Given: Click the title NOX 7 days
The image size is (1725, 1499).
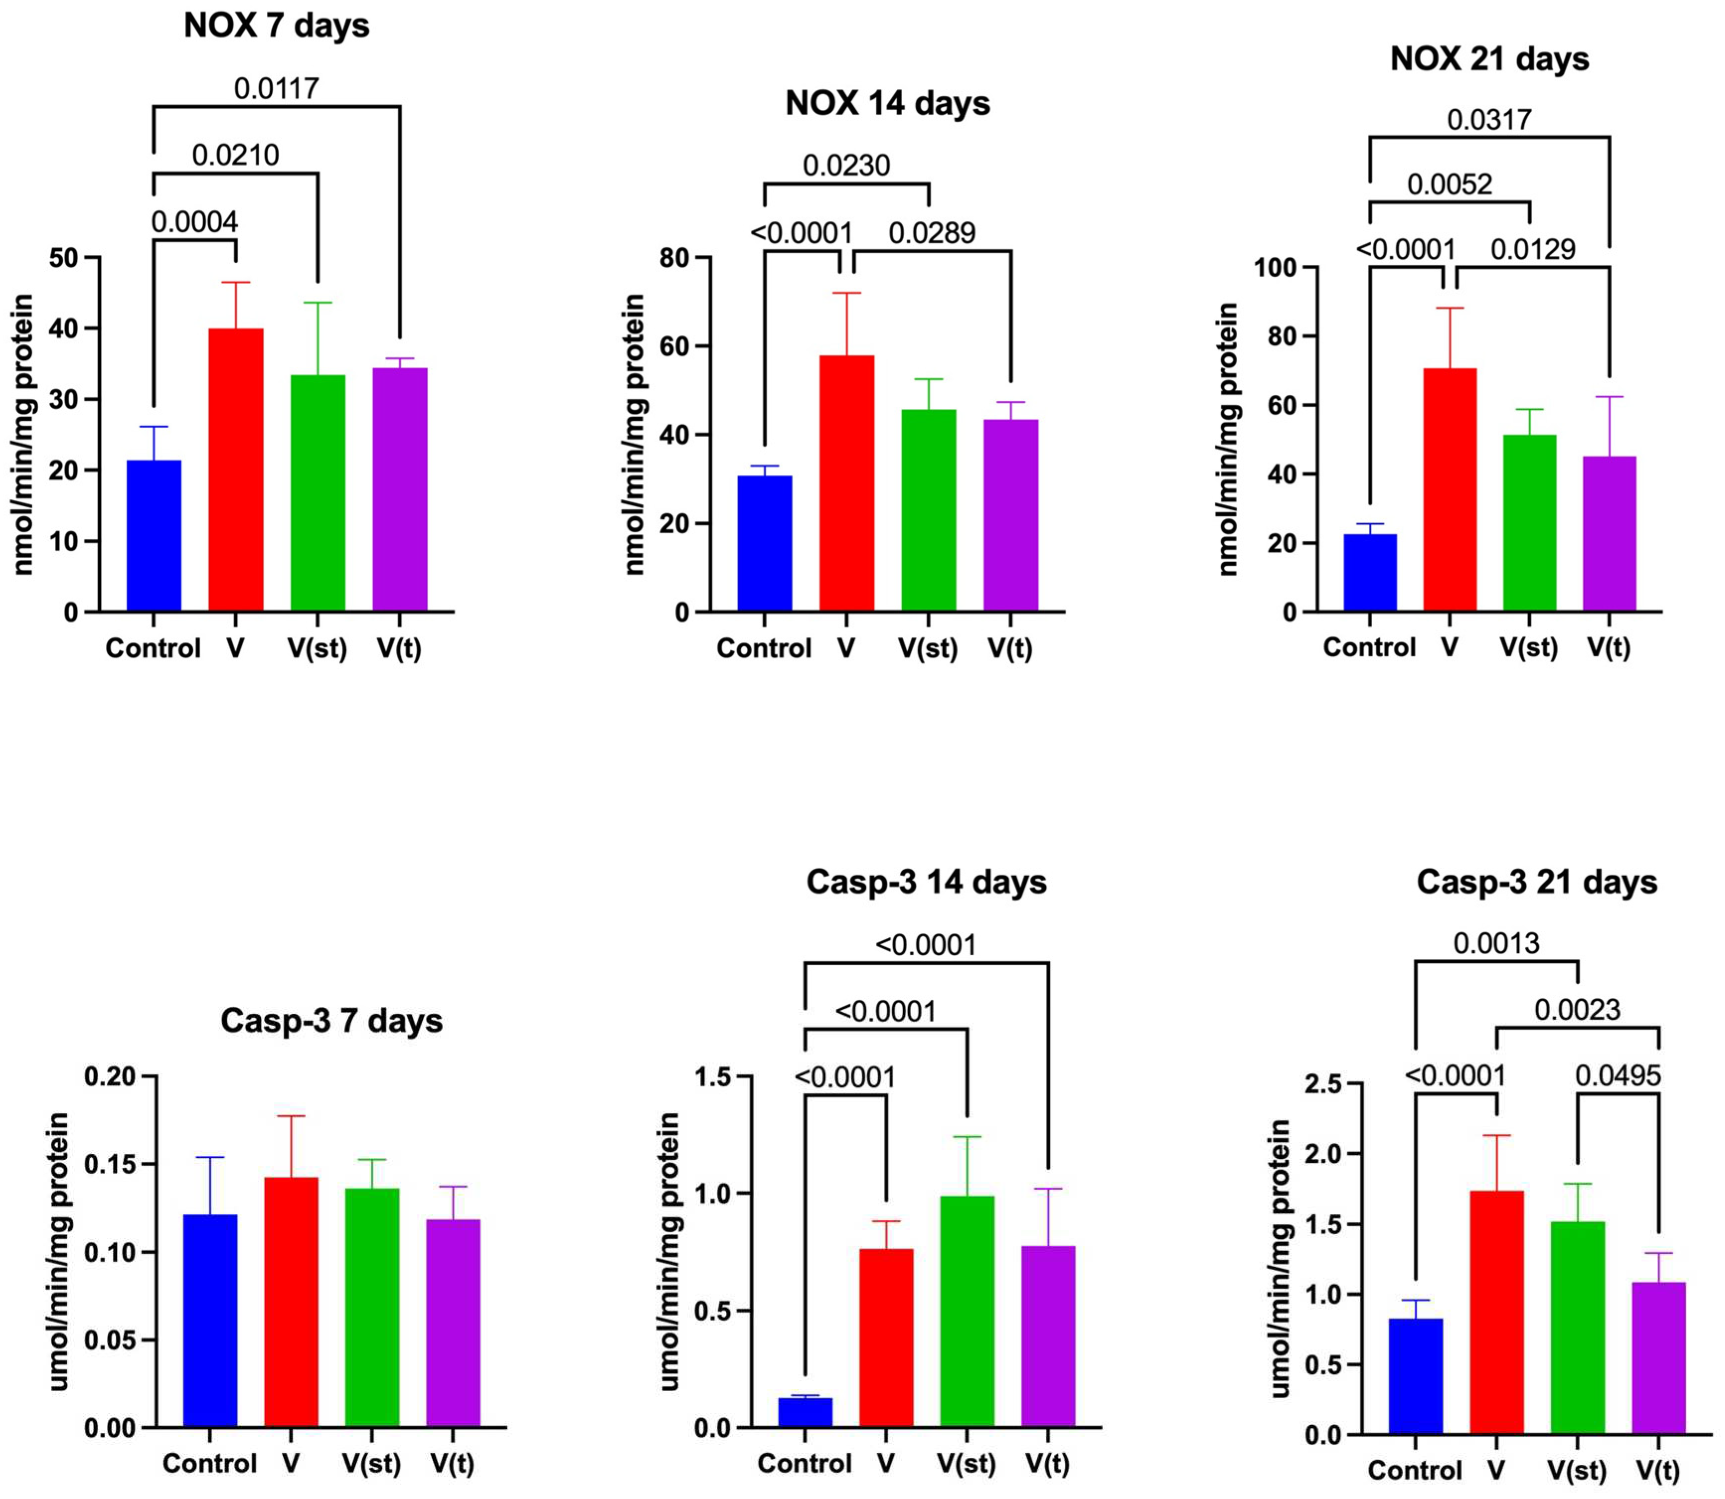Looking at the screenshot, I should (276, 26).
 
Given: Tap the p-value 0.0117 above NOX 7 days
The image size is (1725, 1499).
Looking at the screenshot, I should (276, 88).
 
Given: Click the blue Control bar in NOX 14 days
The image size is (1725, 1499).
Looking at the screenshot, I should (765, 544).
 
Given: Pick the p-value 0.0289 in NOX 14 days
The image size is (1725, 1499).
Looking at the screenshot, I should (932, 232).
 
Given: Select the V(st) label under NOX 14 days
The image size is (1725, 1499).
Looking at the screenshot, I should (928, 648).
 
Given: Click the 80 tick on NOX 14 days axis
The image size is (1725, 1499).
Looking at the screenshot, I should (674, 258).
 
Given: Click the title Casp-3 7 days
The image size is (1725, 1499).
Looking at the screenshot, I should (331, 1021).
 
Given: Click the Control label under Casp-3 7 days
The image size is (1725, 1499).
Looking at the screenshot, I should (209, 1463).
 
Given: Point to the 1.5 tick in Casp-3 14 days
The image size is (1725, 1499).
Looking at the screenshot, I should (713, 1077).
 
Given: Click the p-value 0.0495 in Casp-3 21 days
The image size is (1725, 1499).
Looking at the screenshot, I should (1618, 1076).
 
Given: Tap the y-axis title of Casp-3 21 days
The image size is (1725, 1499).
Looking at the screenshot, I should (1279, 1259).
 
